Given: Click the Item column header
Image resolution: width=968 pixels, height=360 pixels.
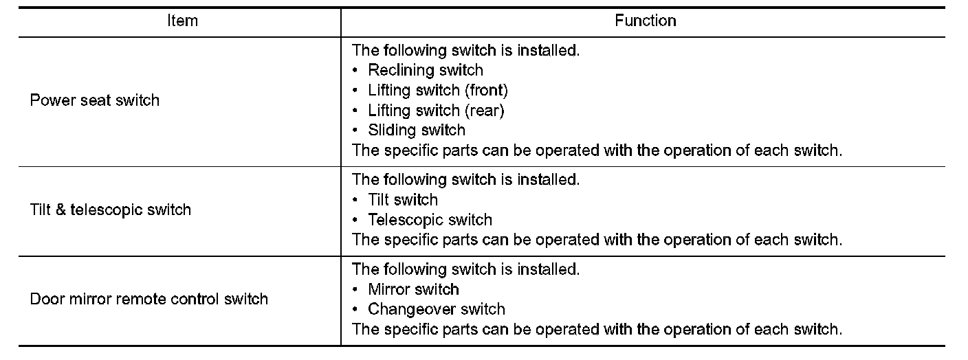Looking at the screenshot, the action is [182, 21].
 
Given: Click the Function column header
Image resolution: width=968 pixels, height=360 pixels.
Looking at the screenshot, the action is [645, 21].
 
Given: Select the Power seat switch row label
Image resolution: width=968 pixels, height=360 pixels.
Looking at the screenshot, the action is [95, 100].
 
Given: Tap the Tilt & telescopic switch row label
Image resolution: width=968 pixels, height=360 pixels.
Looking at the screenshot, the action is [111, 210].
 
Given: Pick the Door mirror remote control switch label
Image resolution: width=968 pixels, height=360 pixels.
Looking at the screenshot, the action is [149, 299].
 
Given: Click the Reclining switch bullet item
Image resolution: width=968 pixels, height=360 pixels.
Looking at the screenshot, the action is [425, 70].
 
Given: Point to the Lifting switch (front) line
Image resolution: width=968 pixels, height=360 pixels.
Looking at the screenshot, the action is [437, 90].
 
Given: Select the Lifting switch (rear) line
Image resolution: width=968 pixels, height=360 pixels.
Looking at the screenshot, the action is [435, 110].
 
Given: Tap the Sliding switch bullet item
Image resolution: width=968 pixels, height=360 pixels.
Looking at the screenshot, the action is [416, 130].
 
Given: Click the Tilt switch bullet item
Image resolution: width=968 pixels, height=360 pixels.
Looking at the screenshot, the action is [402, 200].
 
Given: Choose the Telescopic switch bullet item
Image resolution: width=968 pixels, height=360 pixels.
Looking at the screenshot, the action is [430, 220].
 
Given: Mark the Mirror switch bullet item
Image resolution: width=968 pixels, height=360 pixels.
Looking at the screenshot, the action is [413, 289].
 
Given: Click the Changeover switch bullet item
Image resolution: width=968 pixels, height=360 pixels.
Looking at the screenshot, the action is [436, 309].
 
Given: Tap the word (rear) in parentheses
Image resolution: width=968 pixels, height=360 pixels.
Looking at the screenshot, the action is [484, 110].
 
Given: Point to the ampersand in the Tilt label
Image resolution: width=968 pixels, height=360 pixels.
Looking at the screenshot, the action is [60, 210].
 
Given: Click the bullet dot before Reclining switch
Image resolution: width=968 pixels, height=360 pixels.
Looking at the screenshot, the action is [355, 70].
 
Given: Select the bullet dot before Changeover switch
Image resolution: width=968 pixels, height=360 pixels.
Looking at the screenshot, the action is [355, 309].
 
